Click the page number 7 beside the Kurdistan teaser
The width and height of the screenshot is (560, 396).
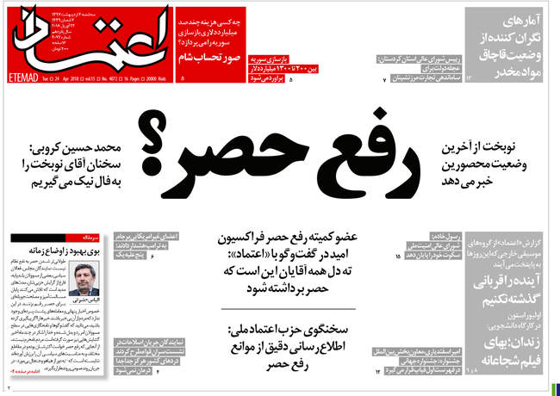385,79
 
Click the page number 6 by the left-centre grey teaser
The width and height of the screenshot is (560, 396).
152,257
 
